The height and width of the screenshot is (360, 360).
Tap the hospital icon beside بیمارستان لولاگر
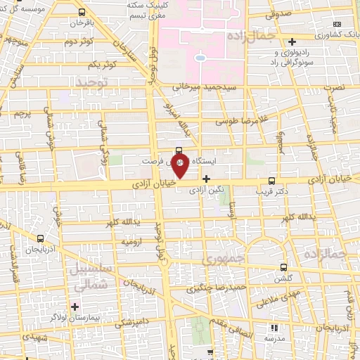tap(75, 306)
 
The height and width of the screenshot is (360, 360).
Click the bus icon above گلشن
tap(283, 267)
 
